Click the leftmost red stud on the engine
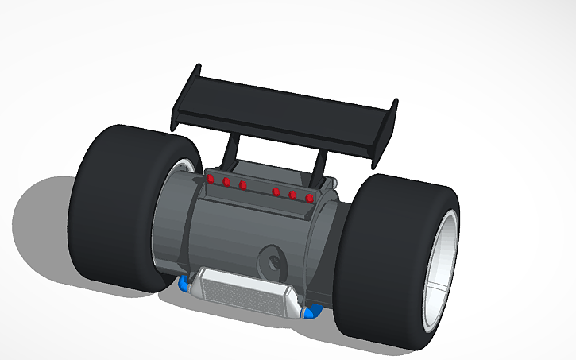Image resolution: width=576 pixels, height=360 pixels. [x=211, y=180]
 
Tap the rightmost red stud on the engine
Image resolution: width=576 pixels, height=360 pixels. [x=309, y=197]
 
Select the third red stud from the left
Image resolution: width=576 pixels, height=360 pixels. [x=243, y=186]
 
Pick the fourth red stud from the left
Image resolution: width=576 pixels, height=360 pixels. [x=276, y=191]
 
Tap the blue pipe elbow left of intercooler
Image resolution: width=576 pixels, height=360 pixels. [x=185, y=283]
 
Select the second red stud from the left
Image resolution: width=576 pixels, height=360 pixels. [x=227, y=183]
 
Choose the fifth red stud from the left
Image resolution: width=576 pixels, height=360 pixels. [x=292, y=194]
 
